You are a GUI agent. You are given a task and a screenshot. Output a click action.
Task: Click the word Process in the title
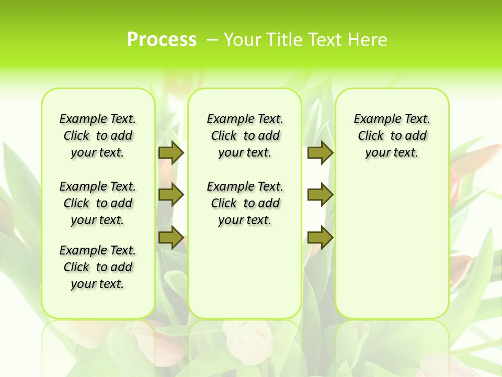(162, 40)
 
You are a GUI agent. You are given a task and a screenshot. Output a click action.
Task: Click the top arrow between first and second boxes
(171, 152)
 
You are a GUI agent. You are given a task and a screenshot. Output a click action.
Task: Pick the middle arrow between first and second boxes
(171, 195)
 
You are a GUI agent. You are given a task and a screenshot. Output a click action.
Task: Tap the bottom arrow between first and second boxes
(171, 238)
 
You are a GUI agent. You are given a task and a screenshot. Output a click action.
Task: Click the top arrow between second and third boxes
(320, 152)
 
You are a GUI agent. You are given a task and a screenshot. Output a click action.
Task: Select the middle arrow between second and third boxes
(320, 195)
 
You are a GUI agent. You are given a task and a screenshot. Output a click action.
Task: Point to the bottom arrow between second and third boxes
(320, 238)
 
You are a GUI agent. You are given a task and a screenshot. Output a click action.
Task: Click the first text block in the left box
(98, 136)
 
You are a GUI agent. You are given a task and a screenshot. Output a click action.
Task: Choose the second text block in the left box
(98, 203)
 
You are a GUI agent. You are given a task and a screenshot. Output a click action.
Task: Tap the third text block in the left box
(98, 267)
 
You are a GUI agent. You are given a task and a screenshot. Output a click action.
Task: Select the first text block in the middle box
(245, 136)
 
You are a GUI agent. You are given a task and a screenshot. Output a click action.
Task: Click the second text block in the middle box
(245, 203)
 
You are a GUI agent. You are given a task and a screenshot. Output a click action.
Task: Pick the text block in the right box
(392, 136)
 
